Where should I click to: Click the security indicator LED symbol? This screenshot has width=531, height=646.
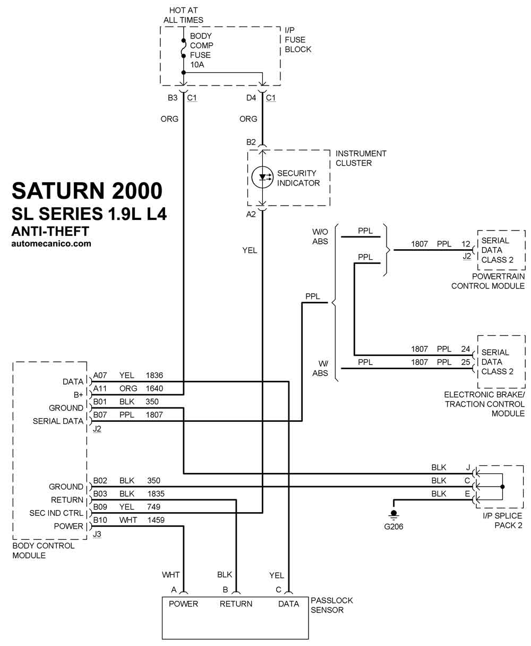click(262, 177)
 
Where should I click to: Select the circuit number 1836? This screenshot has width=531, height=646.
click(155, 375)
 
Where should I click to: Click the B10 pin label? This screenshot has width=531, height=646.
click(100, 520)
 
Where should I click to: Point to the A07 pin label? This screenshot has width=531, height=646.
click(100, 375)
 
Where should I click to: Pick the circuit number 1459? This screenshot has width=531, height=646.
click(156, 520)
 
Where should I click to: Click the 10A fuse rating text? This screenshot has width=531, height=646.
click(197, 65)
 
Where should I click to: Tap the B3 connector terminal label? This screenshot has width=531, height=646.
click(173, 98)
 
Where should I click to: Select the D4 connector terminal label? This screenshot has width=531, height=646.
click(251, 98)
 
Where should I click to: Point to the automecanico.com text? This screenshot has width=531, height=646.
click(51, 243)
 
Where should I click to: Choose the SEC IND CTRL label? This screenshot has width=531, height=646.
click(56, 513)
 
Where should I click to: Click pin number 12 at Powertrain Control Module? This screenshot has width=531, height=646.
click(466, 244)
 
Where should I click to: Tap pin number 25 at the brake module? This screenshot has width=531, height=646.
click(466, 362)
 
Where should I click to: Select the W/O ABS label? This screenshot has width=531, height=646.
click(320, 236)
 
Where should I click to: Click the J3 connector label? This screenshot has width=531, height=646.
click(97, 534)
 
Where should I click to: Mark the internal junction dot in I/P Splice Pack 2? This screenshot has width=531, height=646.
click(502, 487)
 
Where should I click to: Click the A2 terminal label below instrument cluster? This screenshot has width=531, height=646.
click(251, 214)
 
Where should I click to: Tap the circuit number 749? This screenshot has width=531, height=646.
click(153, 507)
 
